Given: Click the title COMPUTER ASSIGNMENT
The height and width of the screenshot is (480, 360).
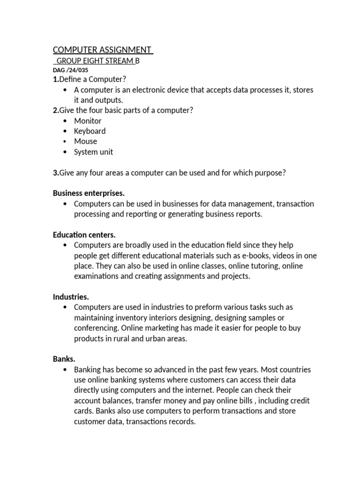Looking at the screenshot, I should [103, 50].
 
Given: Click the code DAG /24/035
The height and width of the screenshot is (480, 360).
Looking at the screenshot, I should [70, 70].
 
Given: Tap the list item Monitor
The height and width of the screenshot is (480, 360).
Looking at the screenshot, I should [88, 121].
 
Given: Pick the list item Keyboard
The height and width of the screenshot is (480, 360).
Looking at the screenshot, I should [90, 131].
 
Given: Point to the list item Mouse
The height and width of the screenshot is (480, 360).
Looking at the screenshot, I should [85, 142].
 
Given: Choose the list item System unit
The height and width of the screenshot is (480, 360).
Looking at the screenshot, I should [93, 152].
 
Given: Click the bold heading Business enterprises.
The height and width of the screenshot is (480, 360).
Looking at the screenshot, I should [89, 193].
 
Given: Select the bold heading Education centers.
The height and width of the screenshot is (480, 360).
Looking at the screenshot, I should [84, 235].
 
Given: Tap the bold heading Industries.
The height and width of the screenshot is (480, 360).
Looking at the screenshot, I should [71, 297].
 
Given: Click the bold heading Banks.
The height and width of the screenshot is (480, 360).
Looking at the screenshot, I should [64, 359].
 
